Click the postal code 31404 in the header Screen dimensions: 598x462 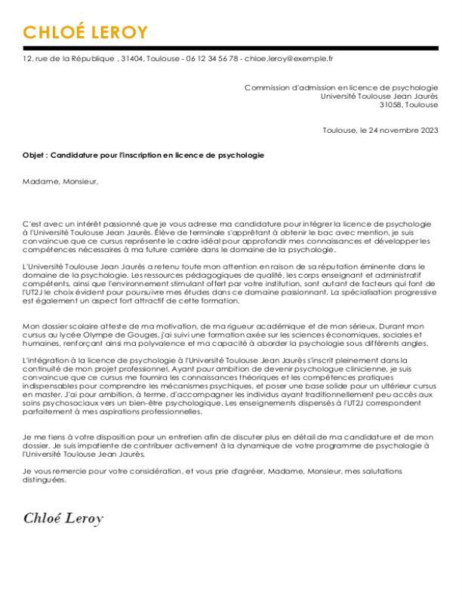pos(131,57)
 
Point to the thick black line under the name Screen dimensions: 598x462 pos(230,48)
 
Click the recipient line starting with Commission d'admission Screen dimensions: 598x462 pos(340,88)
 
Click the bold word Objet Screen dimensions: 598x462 pos(34,155)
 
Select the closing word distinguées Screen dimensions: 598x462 pos(45,479)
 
